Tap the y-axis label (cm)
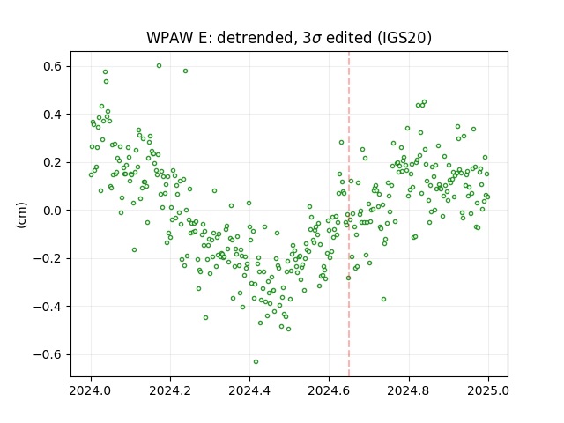[21, 215]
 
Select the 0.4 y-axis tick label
[53, 115]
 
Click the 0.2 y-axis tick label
[53, 162]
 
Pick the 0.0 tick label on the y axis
[53, 211]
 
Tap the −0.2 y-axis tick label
[48, 258]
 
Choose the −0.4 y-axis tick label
[48, 307]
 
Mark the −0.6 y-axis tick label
[48, 354]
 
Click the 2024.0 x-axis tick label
[91, 390]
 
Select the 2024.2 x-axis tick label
[170, 390]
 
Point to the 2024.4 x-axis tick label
[249, 390]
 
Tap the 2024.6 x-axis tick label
[329, 390]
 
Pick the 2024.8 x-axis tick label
[409, 390]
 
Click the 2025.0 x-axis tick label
[488, 390]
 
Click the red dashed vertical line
[349, 214]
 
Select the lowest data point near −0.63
[256, 361]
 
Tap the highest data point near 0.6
[159, 66]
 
